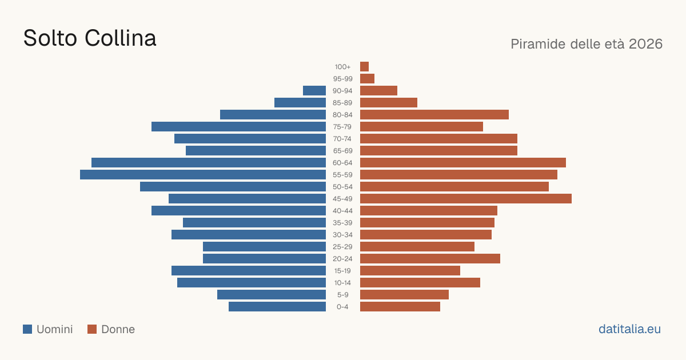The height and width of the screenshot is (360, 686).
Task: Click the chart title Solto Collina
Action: [x=90, y=38]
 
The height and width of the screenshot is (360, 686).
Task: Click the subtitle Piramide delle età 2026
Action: [x=587, y=44]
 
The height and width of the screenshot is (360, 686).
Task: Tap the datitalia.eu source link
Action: [x=629, y=329]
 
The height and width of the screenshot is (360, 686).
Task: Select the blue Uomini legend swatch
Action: [x=27, y=329]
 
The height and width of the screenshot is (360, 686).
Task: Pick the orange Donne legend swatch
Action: [x=92, y=329]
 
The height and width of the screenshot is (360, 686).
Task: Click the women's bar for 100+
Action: [x=365, y=66]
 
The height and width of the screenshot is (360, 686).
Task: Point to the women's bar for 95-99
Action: [x=367, y=79]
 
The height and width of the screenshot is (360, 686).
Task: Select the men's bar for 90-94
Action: [x=314, y=91]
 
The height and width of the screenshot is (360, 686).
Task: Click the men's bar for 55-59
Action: [x=203, y=174]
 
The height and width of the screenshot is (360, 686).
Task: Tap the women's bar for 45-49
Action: [x=466, y=199]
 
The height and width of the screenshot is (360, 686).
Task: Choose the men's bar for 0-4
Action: [x=277, y=307]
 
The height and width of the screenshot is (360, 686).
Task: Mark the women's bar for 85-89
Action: [x=389, y=102]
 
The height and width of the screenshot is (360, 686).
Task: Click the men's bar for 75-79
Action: [x=238, y=126]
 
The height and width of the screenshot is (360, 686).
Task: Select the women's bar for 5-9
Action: [x=404, y=294]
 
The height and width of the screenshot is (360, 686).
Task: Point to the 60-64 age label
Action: [x=342, y=163]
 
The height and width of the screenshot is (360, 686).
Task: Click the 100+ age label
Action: [x=342, y=67]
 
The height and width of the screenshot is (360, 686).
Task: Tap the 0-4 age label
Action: [x=342, y=307]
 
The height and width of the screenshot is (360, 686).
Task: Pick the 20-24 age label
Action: [x=342, y=259]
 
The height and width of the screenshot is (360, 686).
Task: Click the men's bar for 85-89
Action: [x=300, y=102]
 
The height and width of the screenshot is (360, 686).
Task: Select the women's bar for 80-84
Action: [x=434, y=114]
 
